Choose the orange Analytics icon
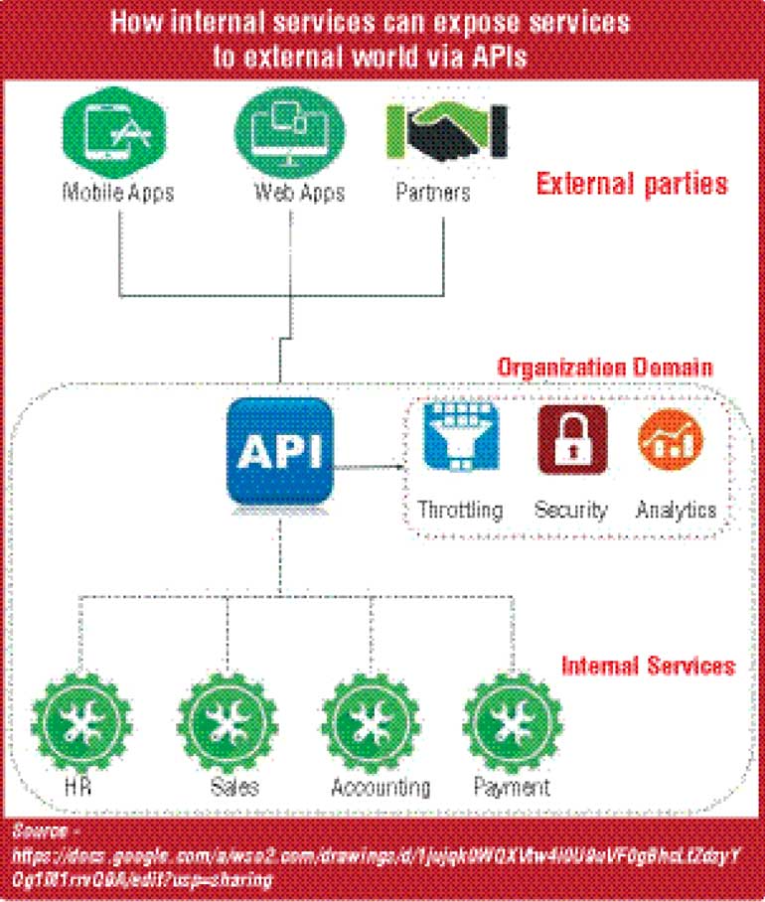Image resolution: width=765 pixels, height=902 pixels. coord(671,439)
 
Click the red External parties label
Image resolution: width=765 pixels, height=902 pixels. coord(632,185)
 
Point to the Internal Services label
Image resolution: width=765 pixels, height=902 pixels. coord(648,665)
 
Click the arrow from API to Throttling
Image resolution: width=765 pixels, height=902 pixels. coord(371,463)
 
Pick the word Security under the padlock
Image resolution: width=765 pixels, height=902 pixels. coord(571,510)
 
